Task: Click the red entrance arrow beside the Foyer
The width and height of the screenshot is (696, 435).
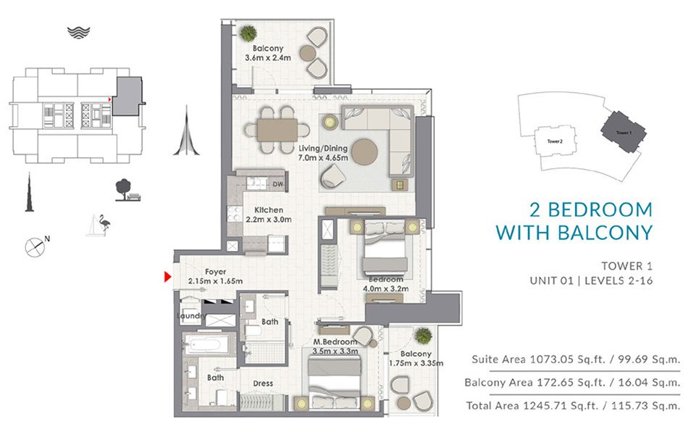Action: tap(167, 276)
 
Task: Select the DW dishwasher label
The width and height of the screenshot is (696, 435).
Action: tap(277, 185)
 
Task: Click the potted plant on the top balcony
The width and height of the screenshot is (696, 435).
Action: tap(248, 33)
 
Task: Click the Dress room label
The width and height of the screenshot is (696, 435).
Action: tap(263, 384)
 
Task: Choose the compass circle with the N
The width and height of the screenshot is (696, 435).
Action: tap(35, 246)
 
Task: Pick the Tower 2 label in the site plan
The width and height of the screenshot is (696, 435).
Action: tap(554, 142)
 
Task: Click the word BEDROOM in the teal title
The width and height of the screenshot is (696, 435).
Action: tap(600, 210)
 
